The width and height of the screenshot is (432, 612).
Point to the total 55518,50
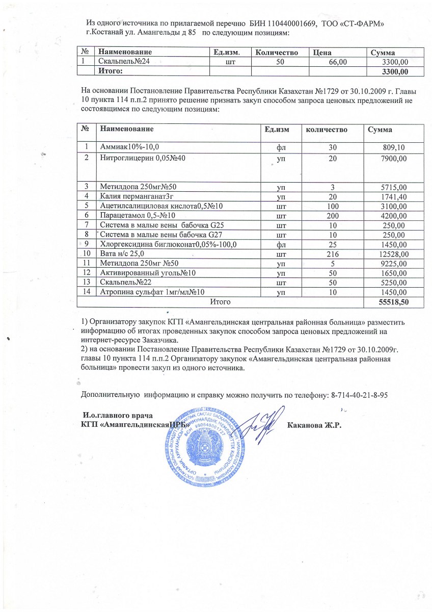pos(392,302)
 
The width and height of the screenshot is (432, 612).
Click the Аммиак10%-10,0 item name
pos(127,147)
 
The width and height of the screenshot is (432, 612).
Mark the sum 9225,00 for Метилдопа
pos(391,264)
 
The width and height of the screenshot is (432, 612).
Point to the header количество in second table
pos(326,130)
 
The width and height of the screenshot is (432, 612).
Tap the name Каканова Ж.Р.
pos(314,426)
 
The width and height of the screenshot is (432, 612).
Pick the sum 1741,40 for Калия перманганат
pos(391,196)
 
